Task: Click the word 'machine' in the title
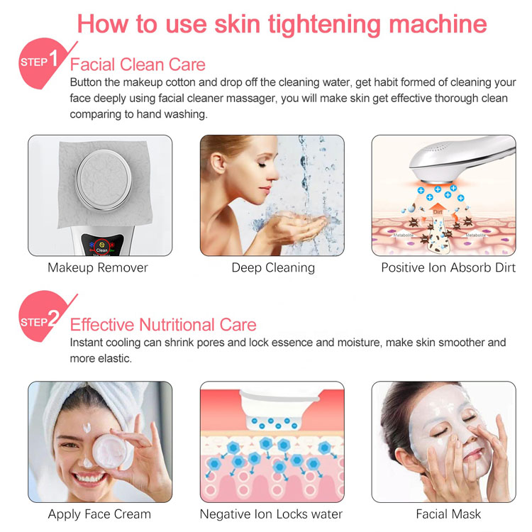tap(438, 23)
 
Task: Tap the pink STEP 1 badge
tap(40, 63)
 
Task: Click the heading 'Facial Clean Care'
tap(138, 65)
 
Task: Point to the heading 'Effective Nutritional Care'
tap(163, 325)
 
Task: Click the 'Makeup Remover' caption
tap(98, 267)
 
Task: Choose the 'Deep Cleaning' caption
tap(273, 267)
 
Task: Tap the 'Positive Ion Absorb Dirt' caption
tap(448, 267)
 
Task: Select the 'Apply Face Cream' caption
tap(99, 514)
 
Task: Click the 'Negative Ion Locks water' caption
tap(271, 514)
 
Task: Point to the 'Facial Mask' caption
tap(448, 514)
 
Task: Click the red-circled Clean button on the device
tap(101, 247)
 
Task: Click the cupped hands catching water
tap(299, 228)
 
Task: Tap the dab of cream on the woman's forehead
tap(87, 428)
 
